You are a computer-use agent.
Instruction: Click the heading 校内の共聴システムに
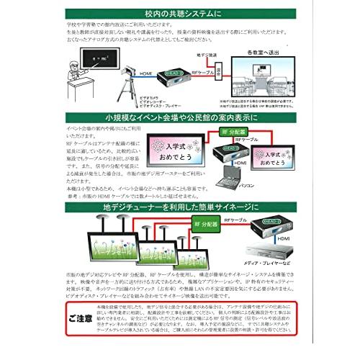point(179,13)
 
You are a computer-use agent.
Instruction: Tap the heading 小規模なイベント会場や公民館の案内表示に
point(179,117)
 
